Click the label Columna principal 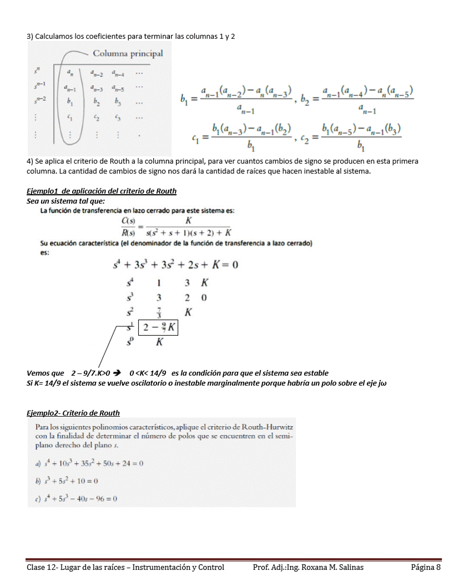[x=128, y=54]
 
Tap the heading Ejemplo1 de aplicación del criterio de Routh [x=102, y=191]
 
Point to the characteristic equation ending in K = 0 [x=175, y=265]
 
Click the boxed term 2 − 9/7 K [x=159, y=327]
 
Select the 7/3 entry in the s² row [x=159, y=312]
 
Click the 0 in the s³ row [x=204, y=298]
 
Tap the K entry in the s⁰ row [x=159, y=343]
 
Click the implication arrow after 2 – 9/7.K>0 [x=118, y=373]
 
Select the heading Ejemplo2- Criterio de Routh [x=73, y=413]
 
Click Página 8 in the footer [x=426, y=567]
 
